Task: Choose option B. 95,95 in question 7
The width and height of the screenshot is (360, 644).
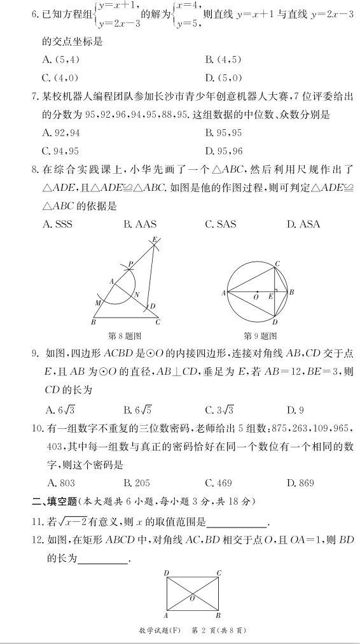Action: (x=223, y=133)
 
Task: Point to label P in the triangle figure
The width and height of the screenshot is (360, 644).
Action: (x=130, y=263)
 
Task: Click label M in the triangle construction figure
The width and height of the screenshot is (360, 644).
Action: (x=97, y=303)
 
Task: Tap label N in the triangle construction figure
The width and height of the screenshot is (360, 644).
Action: (x=137, y=294)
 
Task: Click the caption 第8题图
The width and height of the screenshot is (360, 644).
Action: (x=125, y=335)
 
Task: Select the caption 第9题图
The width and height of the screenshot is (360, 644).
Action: (x=261, y=335)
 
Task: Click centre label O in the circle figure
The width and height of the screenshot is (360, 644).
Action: (x=255, y=297)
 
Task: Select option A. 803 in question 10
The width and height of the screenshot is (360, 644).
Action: (x=59, y=483)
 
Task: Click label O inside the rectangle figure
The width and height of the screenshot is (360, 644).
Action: (x=192, y=599)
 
